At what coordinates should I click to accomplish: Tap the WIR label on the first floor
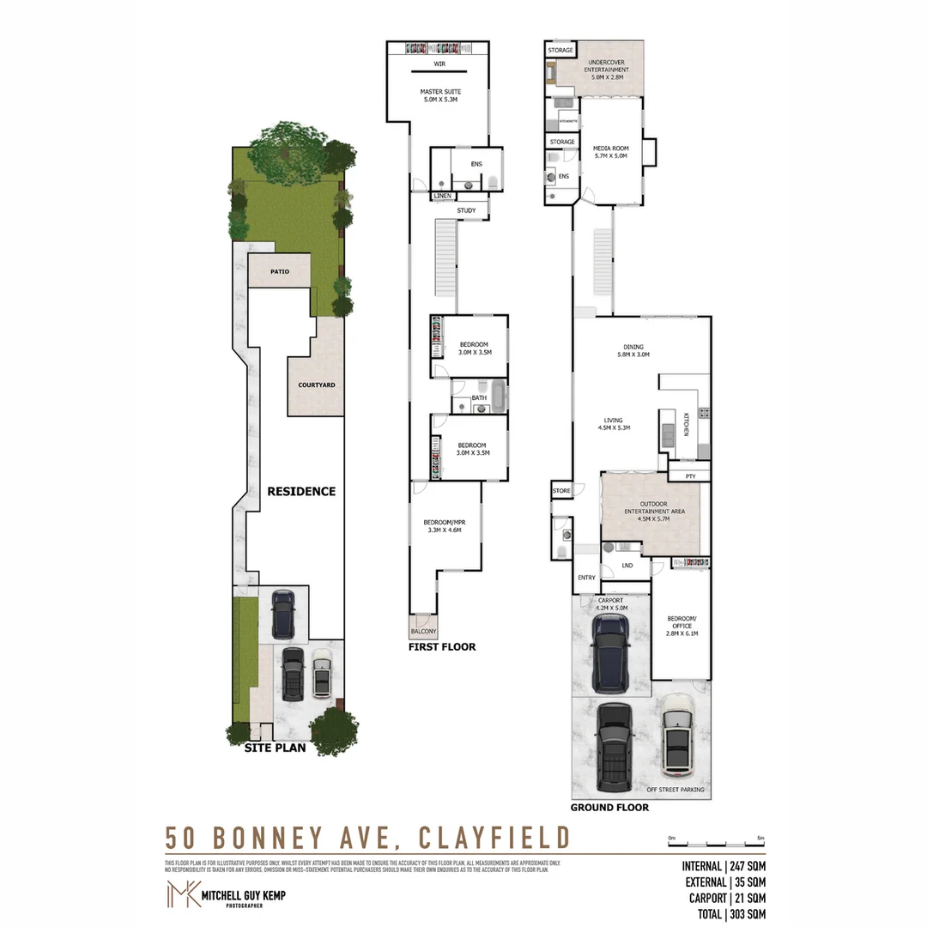click(439, 64)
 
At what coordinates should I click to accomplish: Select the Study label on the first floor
click(466, 210)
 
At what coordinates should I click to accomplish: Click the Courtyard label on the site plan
click(316, 385)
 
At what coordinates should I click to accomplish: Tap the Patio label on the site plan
click(279, 272)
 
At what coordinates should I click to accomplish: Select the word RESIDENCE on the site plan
click(300, 492)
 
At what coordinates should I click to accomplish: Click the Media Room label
click(610, 152)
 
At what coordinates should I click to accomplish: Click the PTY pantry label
click(690, 476)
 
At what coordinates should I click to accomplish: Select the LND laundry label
click(627, 566)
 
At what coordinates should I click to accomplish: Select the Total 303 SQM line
click(724, 915)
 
